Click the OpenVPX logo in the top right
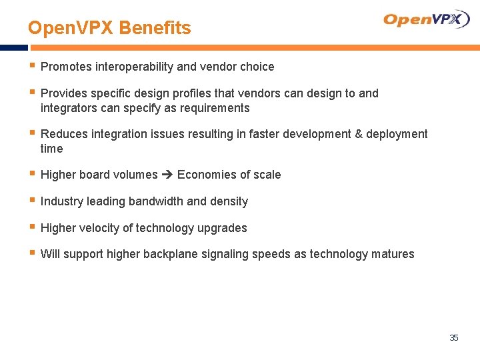click(426, 19)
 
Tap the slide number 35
click(454, 338)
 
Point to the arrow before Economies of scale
click(167, 175)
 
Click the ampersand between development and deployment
click(359, 134)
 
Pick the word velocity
click(99, 228)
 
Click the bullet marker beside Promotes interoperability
click(32, 66)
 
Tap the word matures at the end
click(394, 254)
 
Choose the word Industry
click(61, 201)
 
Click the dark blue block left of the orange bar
click(13, 48)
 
